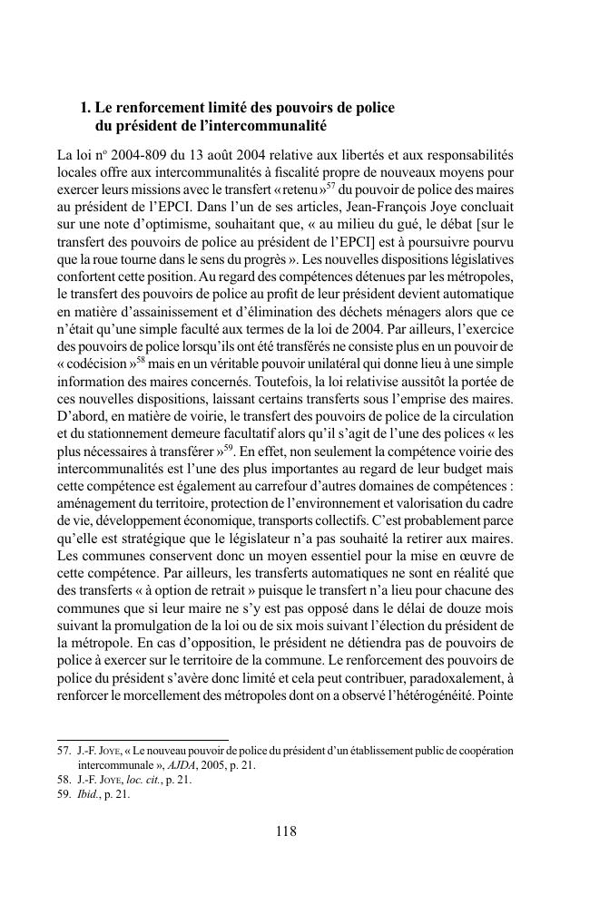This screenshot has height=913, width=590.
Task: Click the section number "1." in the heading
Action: (85, 108)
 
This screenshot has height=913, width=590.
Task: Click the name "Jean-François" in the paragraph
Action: (363, 207)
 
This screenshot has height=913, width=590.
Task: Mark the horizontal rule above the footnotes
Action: (143, 740)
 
